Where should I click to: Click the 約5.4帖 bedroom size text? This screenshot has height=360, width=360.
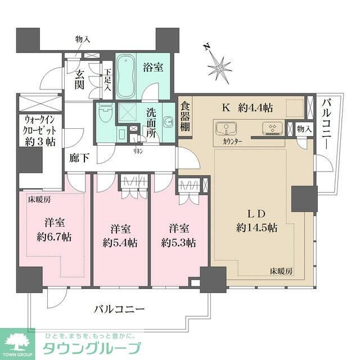point(121,243)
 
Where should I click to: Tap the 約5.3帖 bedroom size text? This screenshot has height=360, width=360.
point(178,243)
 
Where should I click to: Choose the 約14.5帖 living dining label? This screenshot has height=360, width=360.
point(256,227)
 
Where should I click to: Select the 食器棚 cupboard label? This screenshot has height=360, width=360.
point(186,118)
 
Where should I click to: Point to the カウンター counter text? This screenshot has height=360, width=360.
point(232,141)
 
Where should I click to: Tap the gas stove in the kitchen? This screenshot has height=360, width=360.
point(272,129)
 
